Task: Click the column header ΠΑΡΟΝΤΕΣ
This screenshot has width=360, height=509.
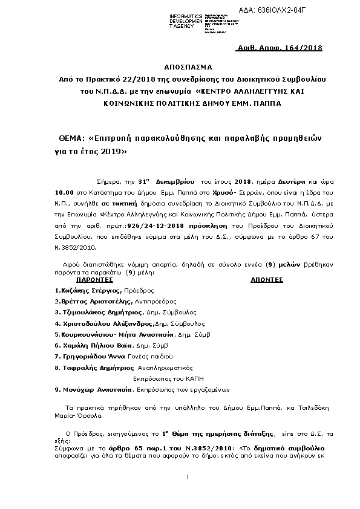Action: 94,280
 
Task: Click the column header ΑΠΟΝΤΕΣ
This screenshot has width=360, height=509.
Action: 267,280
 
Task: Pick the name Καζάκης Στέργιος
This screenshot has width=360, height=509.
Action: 83,291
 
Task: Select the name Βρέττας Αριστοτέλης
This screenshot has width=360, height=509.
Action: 93,300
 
